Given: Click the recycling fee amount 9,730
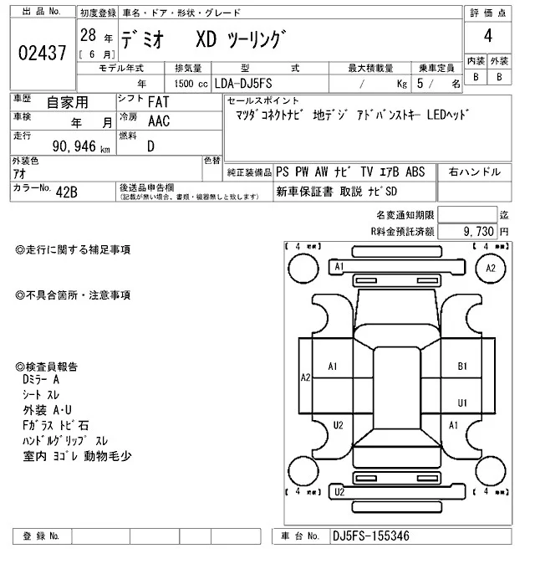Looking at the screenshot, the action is point(478,230).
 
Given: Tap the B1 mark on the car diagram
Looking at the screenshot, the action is point(461,366).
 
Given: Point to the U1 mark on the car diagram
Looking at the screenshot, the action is point(461,402).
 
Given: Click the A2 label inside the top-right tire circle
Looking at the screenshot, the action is point(491,268).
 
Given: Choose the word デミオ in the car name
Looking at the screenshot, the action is point(145,38).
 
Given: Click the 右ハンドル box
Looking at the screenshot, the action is point(473,172).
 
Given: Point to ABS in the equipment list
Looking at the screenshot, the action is point(415,172).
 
